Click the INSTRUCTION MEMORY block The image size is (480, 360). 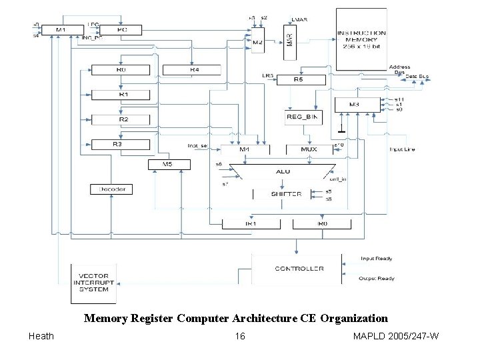361,39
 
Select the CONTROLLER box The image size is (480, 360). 299,269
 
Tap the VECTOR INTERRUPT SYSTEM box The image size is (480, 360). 94,283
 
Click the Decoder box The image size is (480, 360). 111,189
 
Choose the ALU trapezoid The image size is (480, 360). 283,172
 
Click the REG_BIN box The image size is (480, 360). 303,117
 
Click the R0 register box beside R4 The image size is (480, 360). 120,69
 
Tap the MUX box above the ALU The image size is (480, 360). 309,149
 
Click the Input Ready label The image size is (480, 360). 376,259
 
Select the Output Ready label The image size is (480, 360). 376,279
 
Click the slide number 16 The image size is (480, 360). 239,336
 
